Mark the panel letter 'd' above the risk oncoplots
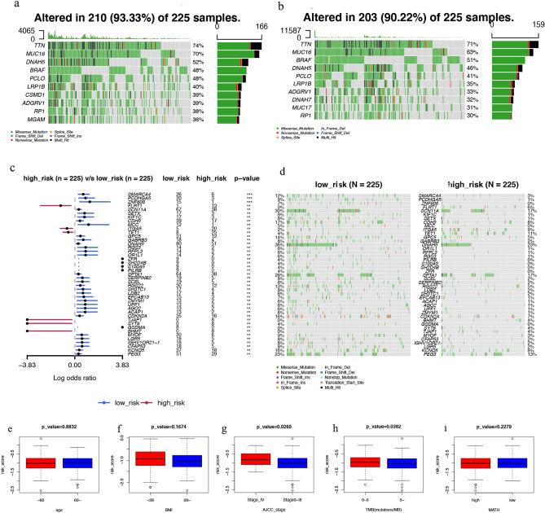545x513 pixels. [282, 171]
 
